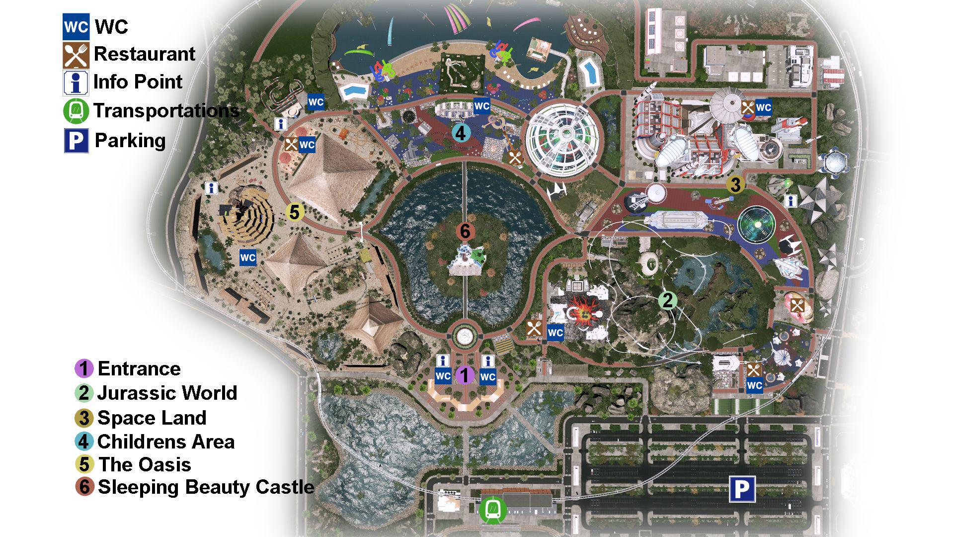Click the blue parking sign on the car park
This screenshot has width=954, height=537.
742,489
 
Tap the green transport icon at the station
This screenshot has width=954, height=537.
493,510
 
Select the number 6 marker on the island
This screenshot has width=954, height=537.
465,231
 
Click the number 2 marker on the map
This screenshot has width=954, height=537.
667,300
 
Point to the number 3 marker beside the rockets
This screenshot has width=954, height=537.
735,184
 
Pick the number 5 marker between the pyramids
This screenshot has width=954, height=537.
294,212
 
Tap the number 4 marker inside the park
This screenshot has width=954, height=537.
461,133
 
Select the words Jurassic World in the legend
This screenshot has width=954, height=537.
167,393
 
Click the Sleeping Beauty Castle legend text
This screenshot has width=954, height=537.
206,487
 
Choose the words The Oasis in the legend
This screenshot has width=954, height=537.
145,464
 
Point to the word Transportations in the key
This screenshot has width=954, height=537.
166,110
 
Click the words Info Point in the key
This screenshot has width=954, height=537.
138,82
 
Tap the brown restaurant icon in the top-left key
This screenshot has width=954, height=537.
76,55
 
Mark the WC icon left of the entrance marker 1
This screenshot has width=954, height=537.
443,376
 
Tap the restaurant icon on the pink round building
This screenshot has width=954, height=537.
797,306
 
